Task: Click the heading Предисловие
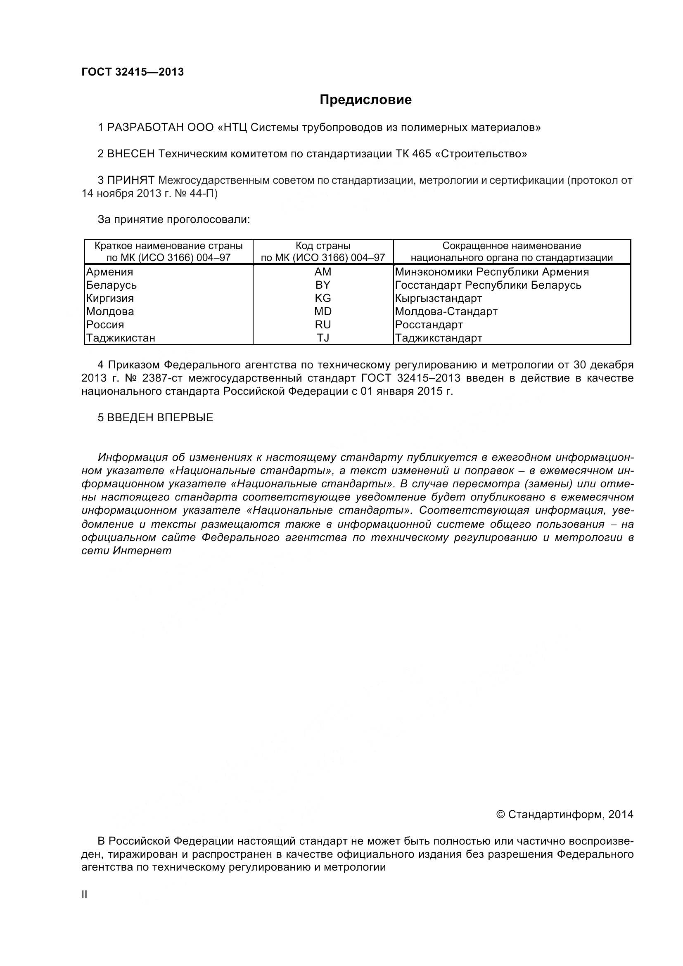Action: (365, 100)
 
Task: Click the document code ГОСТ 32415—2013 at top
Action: (133, 72)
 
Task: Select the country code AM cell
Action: (323, 272)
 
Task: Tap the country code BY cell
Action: (323, 285)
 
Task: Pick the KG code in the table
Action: (323, 298)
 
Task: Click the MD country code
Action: (323, 311)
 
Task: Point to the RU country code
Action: (323, 324)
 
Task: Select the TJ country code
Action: (323, 338)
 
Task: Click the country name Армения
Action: (110, 272)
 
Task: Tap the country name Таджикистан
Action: (121, 338)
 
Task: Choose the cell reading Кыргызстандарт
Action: (438, 298)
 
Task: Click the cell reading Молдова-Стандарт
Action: (446, 311)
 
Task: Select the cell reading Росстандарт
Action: (429, 324)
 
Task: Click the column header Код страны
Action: (323, 246)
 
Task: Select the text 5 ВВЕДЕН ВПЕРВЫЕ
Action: (155, 418)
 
